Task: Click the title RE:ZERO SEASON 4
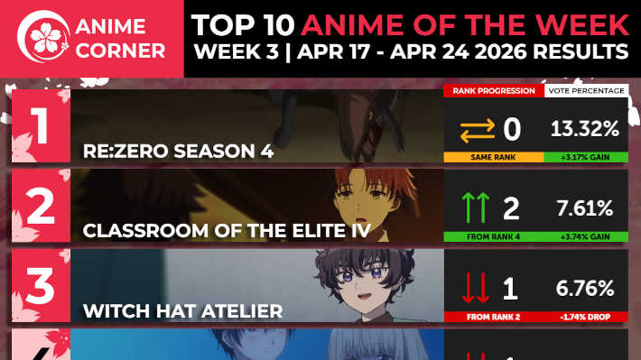click(177, 151)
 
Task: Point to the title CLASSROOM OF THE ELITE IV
click(227, 231)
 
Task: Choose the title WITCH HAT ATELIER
click(182, 311)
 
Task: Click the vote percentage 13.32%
click(585, 129)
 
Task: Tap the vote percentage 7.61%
click(585, 209)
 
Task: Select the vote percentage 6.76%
click(585, 290)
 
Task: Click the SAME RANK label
click(493, 157)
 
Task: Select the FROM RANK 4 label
click(493, 236)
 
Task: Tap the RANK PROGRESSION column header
click(493, 91)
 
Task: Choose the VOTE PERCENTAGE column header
click(586, 91)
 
